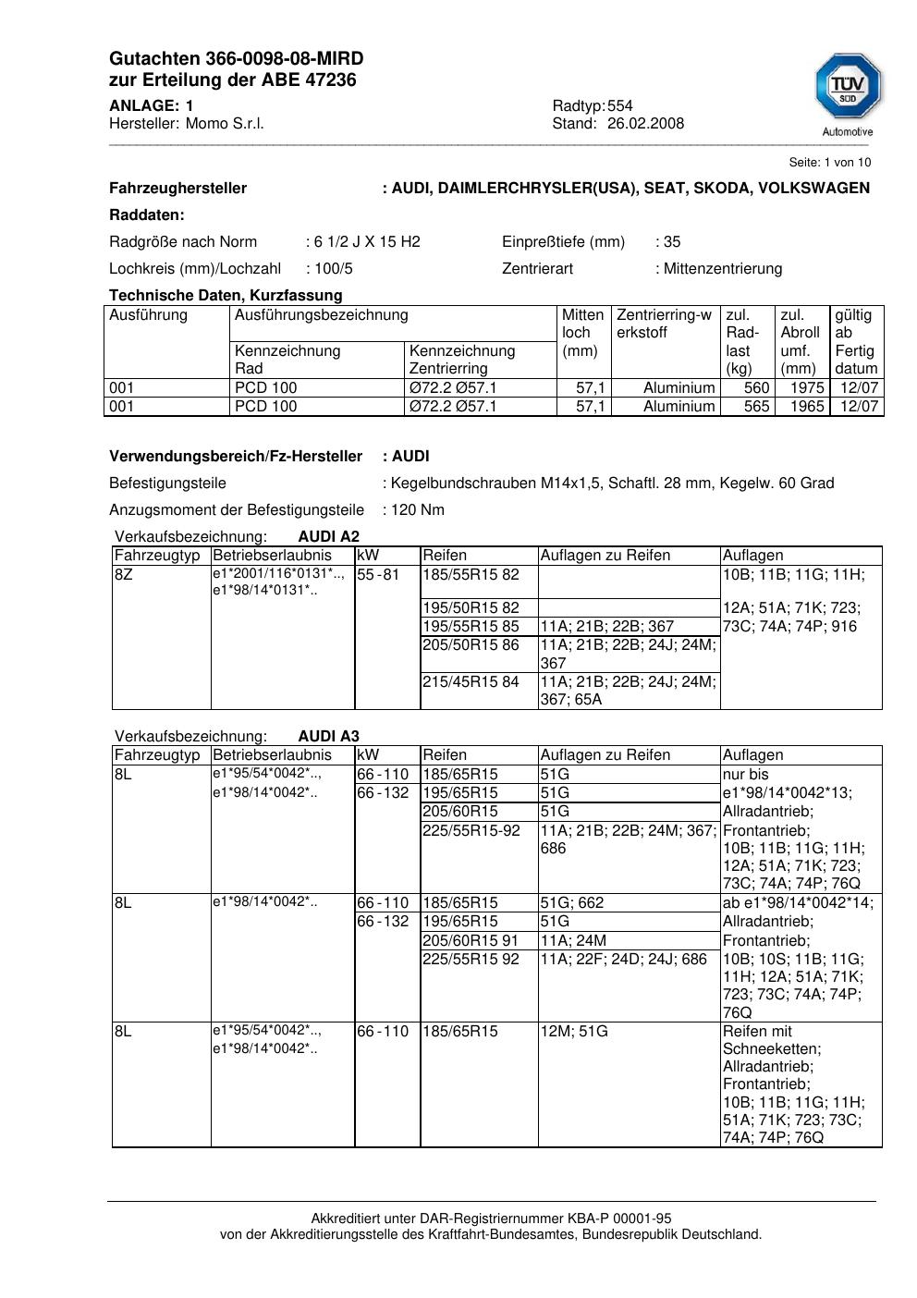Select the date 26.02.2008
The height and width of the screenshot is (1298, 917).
tap(645, 124)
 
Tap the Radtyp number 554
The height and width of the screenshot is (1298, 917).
tap(619, 106)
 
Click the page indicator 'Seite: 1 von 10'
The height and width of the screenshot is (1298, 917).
tap(829, 163)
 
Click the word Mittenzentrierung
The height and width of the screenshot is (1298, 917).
tap(722, 269)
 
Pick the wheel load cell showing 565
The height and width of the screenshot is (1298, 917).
tap(756, 407)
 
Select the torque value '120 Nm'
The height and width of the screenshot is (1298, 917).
tap(418, 510)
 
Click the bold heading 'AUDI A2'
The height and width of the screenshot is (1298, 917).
tap(328, 537)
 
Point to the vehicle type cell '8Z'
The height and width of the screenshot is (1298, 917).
tap(123, 575)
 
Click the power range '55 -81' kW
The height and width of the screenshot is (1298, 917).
tap(378, 575)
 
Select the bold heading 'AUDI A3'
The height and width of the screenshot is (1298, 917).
tap(328, 737)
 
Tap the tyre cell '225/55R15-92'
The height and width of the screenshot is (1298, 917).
tap(471, 831)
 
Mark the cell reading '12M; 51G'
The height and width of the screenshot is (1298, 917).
tap(574, 1032)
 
